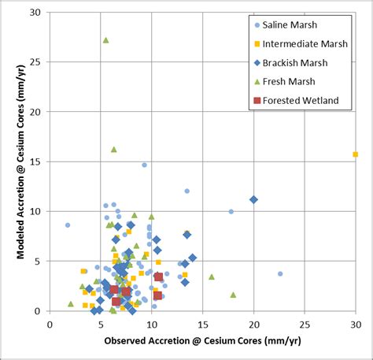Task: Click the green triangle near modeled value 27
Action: coord(105,40)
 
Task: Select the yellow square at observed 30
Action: coord(355,154)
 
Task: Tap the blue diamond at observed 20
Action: coord(253,199)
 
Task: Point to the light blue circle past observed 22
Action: coord(280,273)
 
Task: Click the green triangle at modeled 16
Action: coord(113,149)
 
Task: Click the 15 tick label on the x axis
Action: coord(202,323)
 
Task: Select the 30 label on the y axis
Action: coord(38,13)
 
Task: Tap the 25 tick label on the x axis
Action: coord(304,323)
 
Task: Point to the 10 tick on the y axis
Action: coord(38,211)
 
